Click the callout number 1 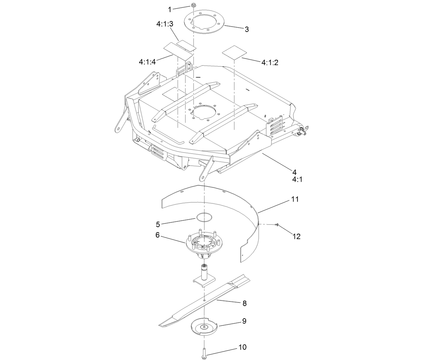(x=169, y=9)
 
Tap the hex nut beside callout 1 (x=194, y=5)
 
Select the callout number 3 (x=246, y=29)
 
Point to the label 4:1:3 (x=165, y=24)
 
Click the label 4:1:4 (x=147, y=62)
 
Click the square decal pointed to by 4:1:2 (x=234, y=52)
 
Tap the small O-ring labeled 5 (x=204, y=217)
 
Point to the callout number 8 (x=244, y=303)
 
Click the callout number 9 (x=244, y=321)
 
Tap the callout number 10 (x=242, y=347)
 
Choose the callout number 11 (x=295, y=199)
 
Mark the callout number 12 (x=296, y=236)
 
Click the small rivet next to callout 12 (x=277, y=225)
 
